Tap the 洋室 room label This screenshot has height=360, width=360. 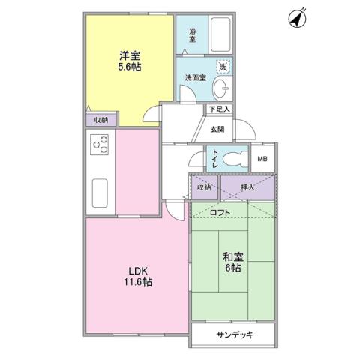[x=130, y=55]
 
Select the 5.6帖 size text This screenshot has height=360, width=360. [x=130, y=67]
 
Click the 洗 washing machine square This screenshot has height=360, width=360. [x=223, y=67]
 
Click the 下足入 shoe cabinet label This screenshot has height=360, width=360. [x=219, y=109]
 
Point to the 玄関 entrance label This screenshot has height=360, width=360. [x=216, y=129]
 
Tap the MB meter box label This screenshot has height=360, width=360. [x=262, y=159]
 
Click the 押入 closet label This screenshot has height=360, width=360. [x=247, y=186]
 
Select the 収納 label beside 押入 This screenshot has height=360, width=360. [x=204, y=186]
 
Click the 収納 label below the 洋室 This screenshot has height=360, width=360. [x=101, y=120]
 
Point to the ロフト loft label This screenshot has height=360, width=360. [x=220, y=211]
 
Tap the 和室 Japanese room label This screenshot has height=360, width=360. [x=232, y=255]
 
